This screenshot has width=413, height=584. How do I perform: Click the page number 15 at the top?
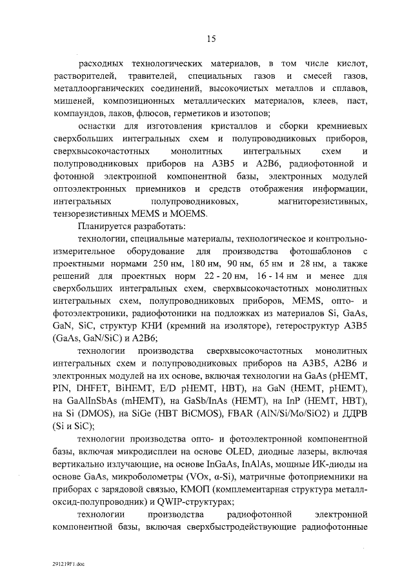click(210, 39)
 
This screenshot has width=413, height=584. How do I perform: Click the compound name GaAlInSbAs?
click(90, 401)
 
